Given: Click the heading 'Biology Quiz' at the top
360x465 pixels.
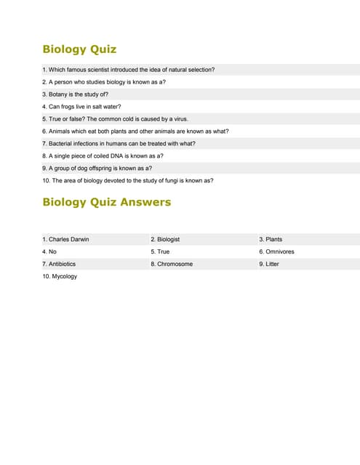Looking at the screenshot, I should click(79, 49).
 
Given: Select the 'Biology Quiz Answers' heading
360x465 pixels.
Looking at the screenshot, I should click(107, 202).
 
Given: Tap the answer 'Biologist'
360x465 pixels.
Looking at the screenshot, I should click(165, 239).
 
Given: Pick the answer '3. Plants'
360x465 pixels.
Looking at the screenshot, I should click(271, 239).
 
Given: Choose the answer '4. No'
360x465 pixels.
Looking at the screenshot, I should click(49, 251).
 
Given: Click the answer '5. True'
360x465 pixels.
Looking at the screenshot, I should click(160, 251).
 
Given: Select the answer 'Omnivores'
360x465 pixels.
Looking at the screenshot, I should click(276, 251).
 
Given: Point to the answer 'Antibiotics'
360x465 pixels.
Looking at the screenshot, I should click(59, 264).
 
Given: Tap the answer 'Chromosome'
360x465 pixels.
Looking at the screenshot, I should click(172, 264).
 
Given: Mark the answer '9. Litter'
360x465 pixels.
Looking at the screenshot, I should click(269, 264).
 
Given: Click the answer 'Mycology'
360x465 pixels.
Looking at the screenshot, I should click(60, 276).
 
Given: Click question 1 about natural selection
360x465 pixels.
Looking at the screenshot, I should click(128, 70).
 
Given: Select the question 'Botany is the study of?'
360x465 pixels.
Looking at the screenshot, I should click(75, 94).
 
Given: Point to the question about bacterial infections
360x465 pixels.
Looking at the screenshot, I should click(119, 143).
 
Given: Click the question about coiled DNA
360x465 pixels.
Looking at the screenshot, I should click(103, 155).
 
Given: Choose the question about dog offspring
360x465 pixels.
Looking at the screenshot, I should click(97, 168).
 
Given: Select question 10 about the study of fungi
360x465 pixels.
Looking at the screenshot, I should click(128, 180).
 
